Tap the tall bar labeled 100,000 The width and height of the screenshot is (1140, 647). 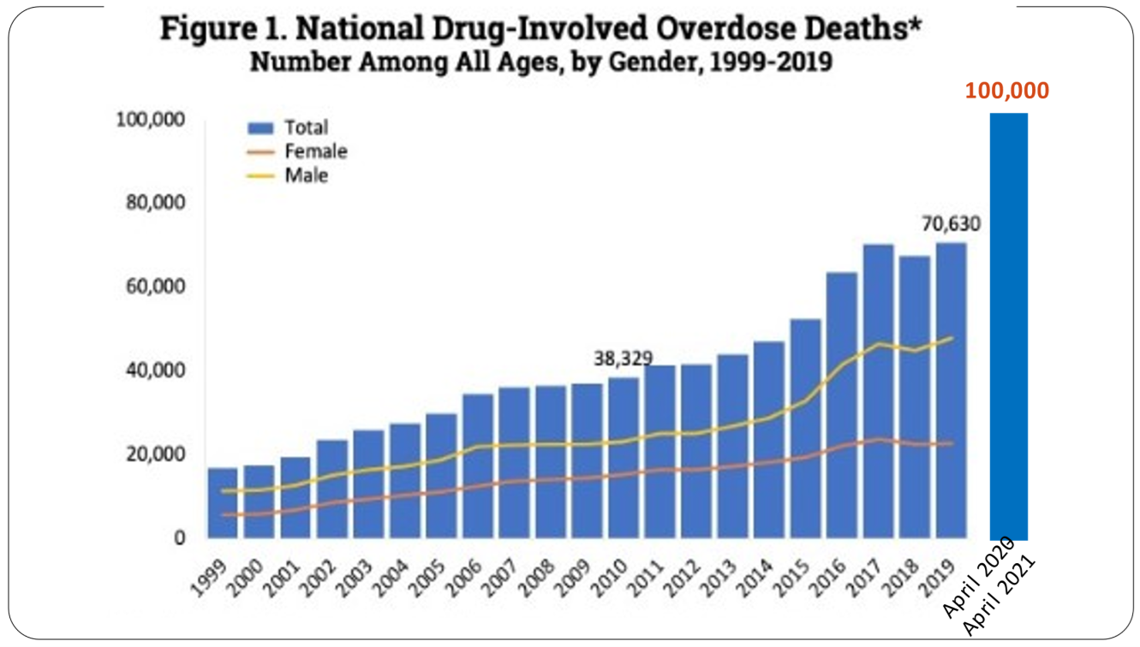tap(1008, 325)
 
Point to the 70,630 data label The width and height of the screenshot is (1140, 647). tap(951, 225)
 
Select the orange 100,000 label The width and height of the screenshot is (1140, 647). tap(1007, 91)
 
